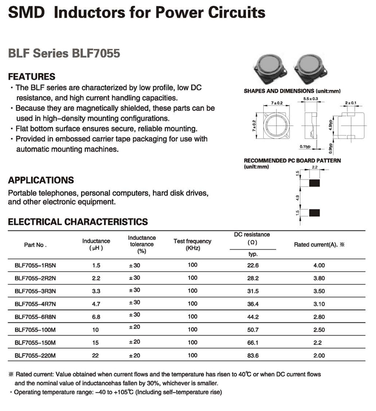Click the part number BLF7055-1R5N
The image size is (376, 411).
36,265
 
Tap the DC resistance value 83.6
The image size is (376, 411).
252,355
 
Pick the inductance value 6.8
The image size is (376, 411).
96,317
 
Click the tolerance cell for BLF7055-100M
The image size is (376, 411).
135,329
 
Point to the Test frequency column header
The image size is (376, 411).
192,244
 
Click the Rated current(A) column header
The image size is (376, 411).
319,244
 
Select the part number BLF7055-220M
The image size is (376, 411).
36,355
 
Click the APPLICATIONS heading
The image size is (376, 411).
41,180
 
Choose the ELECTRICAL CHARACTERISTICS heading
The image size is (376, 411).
78,222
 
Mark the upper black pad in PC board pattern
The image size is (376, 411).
314,183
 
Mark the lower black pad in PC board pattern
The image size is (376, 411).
314,213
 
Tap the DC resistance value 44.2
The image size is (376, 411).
252,317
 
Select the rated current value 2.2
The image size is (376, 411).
319,342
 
